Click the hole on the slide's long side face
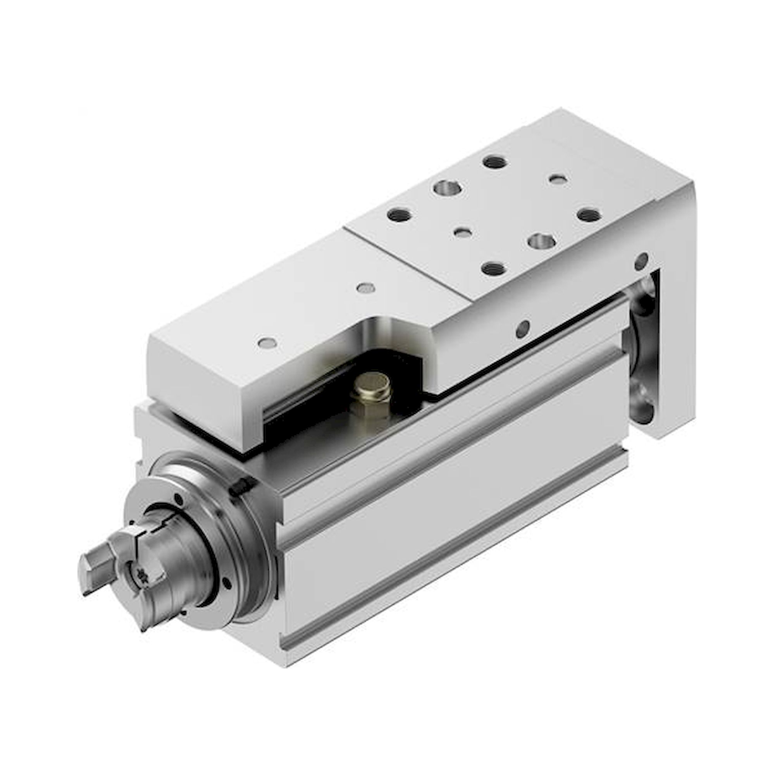[522, 329]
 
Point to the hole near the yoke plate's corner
[641, 261]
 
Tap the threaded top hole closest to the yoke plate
[589, 215]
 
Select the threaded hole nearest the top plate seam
[399, 215]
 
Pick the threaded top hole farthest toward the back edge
[494, 162]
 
